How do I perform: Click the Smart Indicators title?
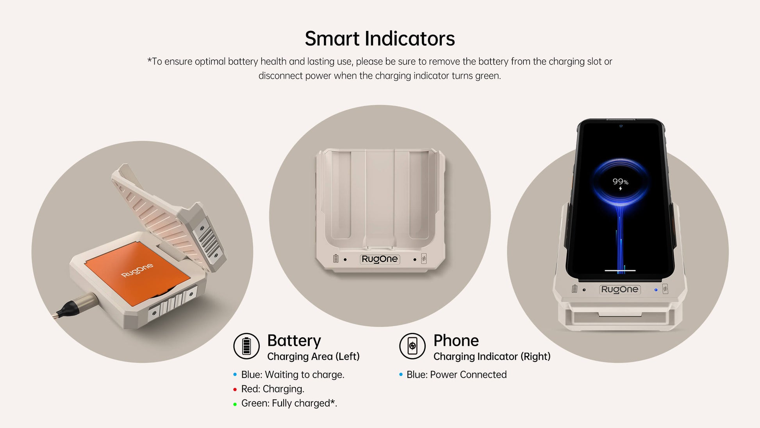tap(380, 39)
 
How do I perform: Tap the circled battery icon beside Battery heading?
tap(246, 346)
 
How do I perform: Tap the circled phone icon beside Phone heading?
tap(412, 346)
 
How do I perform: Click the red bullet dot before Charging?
tap(235, 389)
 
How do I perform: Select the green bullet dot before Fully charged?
tap(235, 404)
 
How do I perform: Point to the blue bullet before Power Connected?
tap(401, 374)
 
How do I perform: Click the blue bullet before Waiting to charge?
tap(235, 374)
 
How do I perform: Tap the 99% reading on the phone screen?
tap(620, 182)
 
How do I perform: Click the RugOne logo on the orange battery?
tap(137, 270)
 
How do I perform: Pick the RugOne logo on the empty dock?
tap(380, 259)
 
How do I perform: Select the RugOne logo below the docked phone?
tap(620, 289)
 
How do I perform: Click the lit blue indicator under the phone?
tap(656, 290)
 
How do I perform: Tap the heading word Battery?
tap(294, 341)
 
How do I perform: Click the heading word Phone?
tap(456, 340)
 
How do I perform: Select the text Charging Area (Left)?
tap(313, 356)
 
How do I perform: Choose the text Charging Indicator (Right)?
tap(492, 356)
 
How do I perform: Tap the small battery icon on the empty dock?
tap(335, 258)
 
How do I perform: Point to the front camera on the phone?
tap(621, 126)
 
